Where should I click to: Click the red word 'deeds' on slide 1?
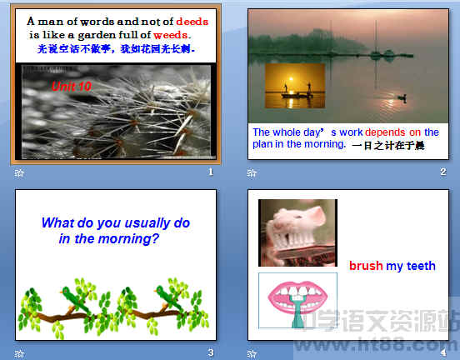coord(192,21)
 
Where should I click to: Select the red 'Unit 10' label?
coord(72,86)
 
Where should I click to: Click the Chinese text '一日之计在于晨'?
coord(388,145)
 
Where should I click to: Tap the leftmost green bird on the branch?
coord(74,295)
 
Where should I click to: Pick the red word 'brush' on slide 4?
coord(366,266)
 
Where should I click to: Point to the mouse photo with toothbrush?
coord(297,232)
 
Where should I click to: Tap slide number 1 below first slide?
coord(211,172)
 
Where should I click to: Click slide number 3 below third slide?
coord(211,353)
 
